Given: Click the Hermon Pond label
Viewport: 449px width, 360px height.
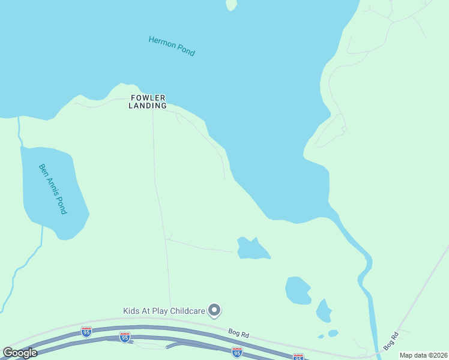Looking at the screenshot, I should click(x=172, y=46).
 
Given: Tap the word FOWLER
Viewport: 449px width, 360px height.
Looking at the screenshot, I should click(x=148, y=98).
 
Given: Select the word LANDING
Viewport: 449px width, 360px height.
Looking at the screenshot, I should click(x=148, y=106).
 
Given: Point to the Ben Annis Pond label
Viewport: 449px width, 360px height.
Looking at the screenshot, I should click(x=53, y=189).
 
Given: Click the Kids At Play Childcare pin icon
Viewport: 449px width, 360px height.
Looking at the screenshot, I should click(x=214, y=310).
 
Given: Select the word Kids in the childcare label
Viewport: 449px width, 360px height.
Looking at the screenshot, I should click(x=132, y=311).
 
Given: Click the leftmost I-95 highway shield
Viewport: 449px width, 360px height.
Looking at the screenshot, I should click(x=86, y=332).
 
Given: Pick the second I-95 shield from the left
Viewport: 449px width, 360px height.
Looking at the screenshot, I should click(x=124, y=338).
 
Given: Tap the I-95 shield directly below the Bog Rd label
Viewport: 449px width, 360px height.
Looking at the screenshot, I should click(x=237, y=351).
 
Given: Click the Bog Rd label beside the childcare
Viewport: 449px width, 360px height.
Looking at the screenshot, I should click(x=238, y=331).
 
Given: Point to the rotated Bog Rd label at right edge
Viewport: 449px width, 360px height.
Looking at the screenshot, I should click(x=391, y=342).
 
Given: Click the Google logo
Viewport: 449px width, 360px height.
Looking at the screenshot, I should click(x=20, y=353).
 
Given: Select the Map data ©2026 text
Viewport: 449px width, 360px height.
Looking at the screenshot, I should click(x=424, y=355).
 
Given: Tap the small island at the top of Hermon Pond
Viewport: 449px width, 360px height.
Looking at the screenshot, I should click(x=231, y=5).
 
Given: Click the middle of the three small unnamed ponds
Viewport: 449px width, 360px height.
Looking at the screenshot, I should click(x=297, y=290).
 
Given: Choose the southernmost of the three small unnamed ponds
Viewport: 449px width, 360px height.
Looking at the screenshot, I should click(x=324, y=311).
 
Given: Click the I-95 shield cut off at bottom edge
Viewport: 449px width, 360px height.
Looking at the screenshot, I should click(x=298, y=357).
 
